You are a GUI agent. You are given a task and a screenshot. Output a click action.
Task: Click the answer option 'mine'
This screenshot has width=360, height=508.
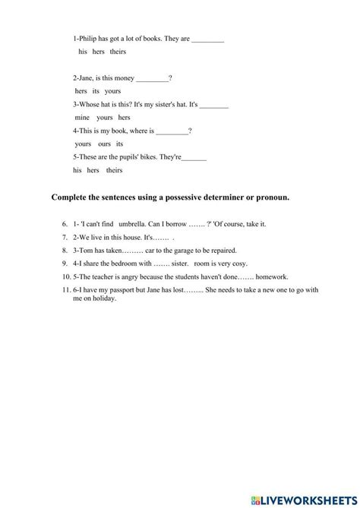pyautogui.click(x=82, y=118)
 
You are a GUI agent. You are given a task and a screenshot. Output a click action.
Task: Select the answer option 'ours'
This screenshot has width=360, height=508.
pyautogui.click(x=104, y=144)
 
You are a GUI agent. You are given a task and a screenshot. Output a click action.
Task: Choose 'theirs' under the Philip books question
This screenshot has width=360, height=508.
pyautogui.click(x=118, y=52)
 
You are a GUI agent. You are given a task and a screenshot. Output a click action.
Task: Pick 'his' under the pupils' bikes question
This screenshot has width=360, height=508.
pyautogui.click(x=77, y=170)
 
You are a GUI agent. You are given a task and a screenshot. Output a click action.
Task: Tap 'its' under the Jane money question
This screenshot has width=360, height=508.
pyautogui.click(x=96, y=90)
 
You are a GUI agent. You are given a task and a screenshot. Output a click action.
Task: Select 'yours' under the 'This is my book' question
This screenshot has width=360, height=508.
pyautogui.click(x=84, y=144)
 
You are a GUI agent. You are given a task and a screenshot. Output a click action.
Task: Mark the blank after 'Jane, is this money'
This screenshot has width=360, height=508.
pyautogui.click(x=153, y=77)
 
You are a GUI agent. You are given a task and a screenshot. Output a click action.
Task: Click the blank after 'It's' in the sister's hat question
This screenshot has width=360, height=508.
pyautogui.click(x=213, y=104)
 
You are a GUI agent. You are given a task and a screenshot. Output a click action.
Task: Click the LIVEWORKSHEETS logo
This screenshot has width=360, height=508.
pyautogui.click(x=311, y=497)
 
